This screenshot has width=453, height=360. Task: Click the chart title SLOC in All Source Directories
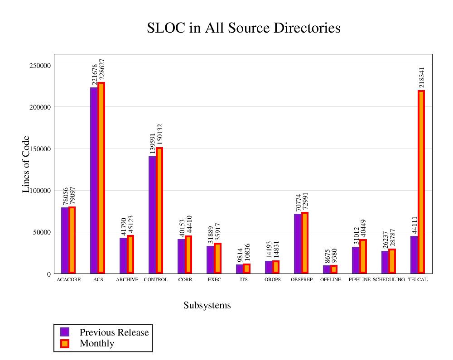[x=244, y=28]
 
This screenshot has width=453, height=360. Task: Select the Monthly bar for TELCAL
[x=421, y=181]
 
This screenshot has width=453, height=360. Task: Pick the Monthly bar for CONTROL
[x=159, y=210]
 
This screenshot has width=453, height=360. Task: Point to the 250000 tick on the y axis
[x=39, y=66]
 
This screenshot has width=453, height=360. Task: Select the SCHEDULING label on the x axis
[x=389, y=280]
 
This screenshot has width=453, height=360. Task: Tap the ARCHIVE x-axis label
[x=127, y=280]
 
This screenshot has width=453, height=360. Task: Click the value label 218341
[x=422, y=77]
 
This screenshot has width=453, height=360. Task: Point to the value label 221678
[x=94, y=75]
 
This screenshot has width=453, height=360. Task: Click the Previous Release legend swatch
[x=65, y=332]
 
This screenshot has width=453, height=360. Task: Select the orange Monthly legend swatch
[x=65, y=343]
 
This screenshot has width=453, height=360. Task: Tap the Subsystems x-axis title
[x=207, y=306]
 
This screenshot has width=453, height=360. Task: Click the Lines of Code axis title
[x=26, y=164]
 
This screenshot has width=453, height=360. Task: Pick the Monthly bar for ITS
[x=246, y=268]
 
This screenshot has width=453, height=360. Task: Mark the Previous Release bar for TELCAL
[x=414, y=254]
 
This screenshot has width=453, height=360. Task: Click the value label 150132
[x=159, y=134]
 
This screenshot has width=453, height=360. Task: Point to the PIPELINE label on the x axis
[x=360, y=280]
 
